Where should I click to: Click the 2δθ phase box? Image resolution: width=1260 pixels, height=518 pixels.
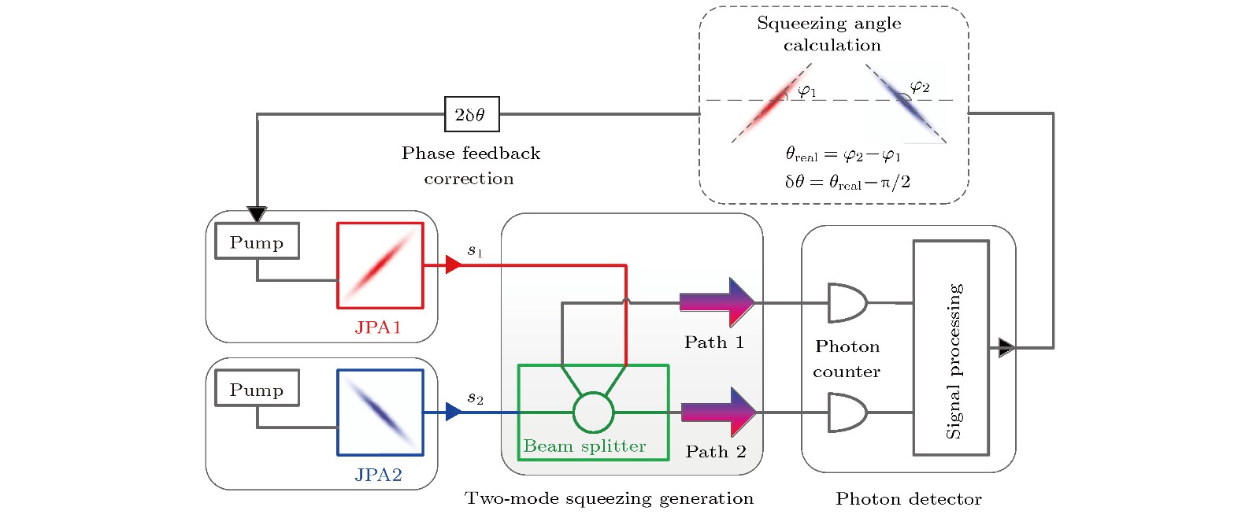pos(471,114)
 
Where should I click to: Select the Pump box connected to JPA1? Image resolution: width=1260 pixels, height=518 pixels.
pos(257,241)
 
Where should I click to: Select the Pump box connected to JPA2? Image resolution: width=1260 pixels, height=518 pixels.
pos(257,388)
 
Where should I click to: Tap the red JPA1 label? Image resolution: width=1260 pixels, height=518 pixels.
pos(378,327)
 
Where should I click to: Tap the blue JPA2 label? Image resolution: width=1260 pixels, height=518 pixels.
pos(378,475)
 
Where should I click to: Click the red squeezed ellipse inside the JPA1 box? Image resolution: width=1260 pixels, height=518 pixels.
pos(380,265)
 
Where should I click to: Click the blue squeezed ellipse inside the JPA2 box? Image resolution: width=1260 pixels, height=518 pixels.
pos(380,412)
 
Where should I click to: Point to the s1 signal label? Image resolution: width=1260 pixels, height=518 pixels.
pos(475,250)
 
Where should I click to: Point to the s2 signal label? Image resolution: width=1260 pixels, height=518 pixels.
pos(475,398)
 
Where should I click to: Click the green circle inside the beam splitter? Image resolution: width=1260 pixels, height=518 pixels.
pos(593,412)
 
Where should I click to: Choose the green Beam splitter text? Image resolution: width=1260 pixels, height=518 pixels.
pos(584,446)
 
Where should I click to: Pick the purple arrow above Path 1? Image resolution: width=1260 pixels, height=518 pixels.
pos(717,302)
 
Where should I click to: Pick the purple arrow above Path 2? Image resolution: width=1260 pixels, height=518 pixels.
pos(717,411)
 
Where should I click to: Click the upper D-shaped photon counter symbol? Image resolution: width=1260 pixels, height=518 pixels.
pos(847,302)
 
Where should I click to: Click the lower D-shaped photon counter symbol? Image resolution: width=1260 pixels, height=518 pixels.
pos(847,413)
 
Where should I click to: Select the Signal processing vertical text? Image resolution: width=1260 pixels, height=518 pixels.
pos(954,360)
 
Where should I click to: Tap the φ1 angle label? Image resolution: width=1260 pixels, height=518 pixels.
pos(807,91)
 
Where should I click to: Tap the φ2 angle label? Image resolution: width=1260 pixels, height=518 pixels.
pos(919,86)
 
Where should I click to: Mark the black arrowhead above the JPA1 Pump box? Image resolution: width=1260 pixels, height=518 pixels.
pos(257,214)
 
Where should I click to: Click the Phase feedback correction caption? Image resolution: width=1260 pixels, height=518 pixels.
pos(470,165)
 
